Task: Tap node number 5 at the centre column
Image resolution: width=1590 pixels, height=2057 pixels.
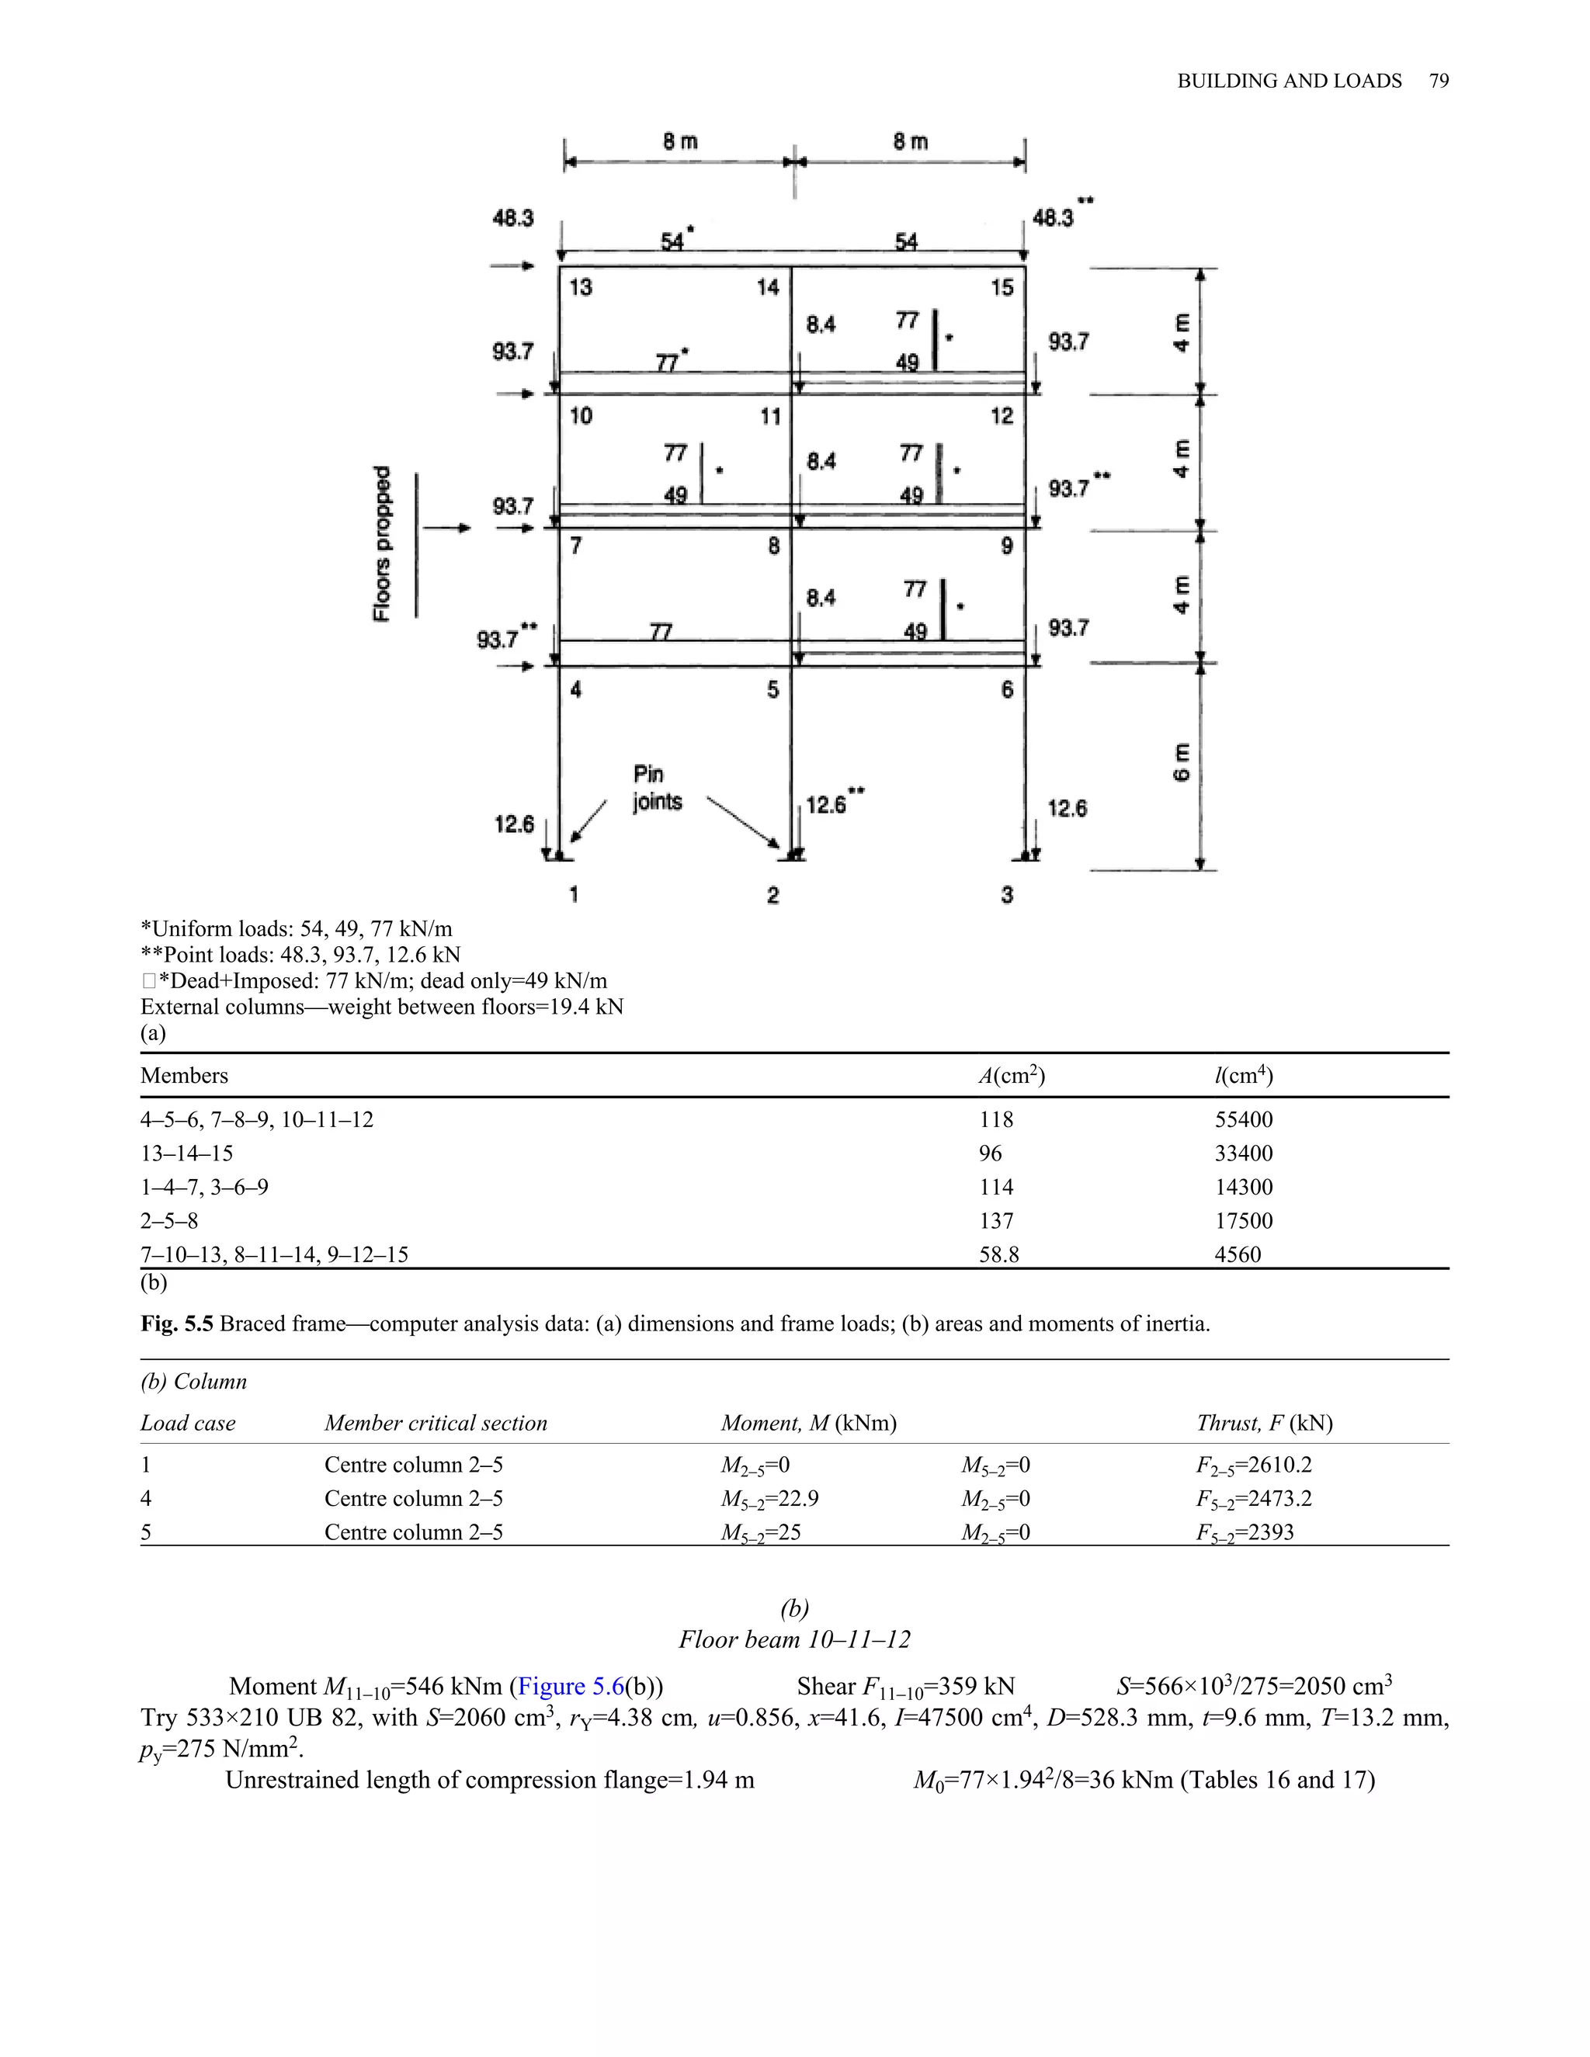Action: pyautogui.click(x=772, y=689)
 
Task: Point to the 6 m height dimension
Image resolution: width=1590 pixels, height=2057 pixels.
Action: pyautogui.click(x=1181, y=763)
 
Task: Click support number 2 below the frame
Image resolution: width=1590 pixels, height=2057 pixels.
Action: pyautogui.click(x=772, y=895)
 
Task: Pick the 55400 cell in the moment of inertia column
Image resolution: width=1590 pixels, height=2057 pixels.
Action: pyautogui.click(x=1244, y=1120)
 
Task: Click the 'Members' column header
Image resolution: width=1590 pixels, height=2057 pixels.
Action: pyautogui.click(x=184, y=1076)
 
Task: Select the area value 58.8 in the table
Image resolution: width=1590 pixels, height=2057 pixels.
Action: pyautogui.click(x=998, y=1254)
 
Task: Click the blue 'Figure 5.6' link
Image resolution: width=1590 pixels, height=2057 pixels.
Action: pyautogui.click(x=571, y=1686)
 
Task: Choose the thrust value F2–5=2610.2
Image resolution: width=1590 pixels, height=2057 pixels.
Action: pyautogui.click(x=1254, y=1466)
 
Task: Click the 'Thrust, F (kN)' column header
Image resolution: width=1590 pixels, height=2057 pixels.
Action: pyautogui.click(x=1264, y=1423)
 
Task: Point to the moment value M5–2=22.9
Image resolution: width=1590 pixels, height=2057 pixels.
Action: pyautogui.click(x=776, y=1498)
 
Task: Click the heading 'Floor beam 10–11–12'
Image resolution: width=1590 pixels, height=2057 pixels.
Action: pyautogui.click(x=794, y=1639)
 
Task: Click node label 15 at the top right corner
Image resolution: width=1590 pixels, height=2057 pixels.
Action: pyautogui.click(x=1002, y=287)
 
